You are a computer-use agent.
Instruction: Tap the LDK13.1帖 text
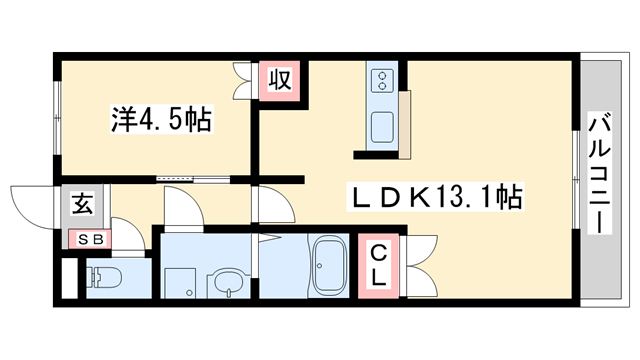click(434, 195)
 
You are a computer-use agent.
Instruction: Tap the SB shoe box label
click(91, 240)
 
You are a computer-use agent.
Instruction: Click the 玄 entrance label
click(81, 207)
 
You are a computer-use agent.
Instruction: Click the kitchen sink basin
click(383, 127)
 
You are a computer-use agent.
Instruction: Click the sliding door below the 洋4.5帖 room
click(190, 180)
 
